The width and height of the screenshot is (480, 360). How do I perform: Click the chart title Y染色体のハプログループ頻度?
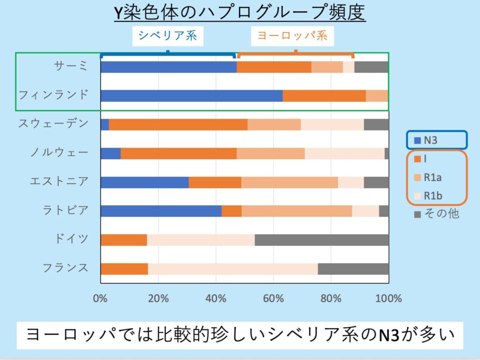pyautogui.click(x=240, y=13)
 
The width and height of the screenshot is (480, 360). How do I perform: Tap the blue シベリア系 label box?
pyautogui.click(x=167, y=36)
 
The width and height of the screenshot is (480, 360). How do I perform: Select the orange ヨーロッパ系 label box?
pyautogui.click(x=292, y=36)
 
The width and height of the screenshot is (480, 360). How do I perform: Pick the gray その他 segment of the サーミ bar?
pyautogui.click(x=371, y=67)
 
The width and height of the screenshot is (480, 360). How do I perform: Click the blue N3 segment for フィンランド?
pyautogui.click(x=191, y=96)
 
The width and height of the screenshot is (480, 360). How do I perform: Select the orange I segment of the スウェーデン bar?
pyautogui.click(x=178, y=125)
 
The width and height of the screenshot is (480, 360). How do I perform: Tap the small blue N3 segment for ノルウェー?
pyautogui.click(x=111, y=153)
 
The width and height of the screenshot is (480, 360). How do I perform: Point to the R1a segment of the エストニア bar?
pyautogui.click(x=289, y=182)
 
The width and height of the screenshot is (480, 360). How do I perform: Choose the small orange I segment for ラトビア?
pyautogui.click(x=232, y=211)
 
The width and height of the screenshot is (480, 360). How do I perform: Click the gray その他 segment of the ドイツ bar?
pyautogui.click(x=322, y=240)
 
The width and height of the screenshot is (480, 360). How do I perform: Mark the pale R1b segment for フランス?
pyautogui.click(x=232, y=269)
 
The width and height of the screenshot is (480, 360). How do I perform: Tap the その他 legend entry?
pyautogui.click(x=436, y=214)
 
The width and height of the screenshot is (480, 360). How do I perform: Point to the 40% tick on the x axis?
pyautogui.click(x=216, y=298)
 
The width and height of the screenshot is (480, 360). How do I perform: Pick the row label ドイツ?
pyautogui.click(x=71, y=239)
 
